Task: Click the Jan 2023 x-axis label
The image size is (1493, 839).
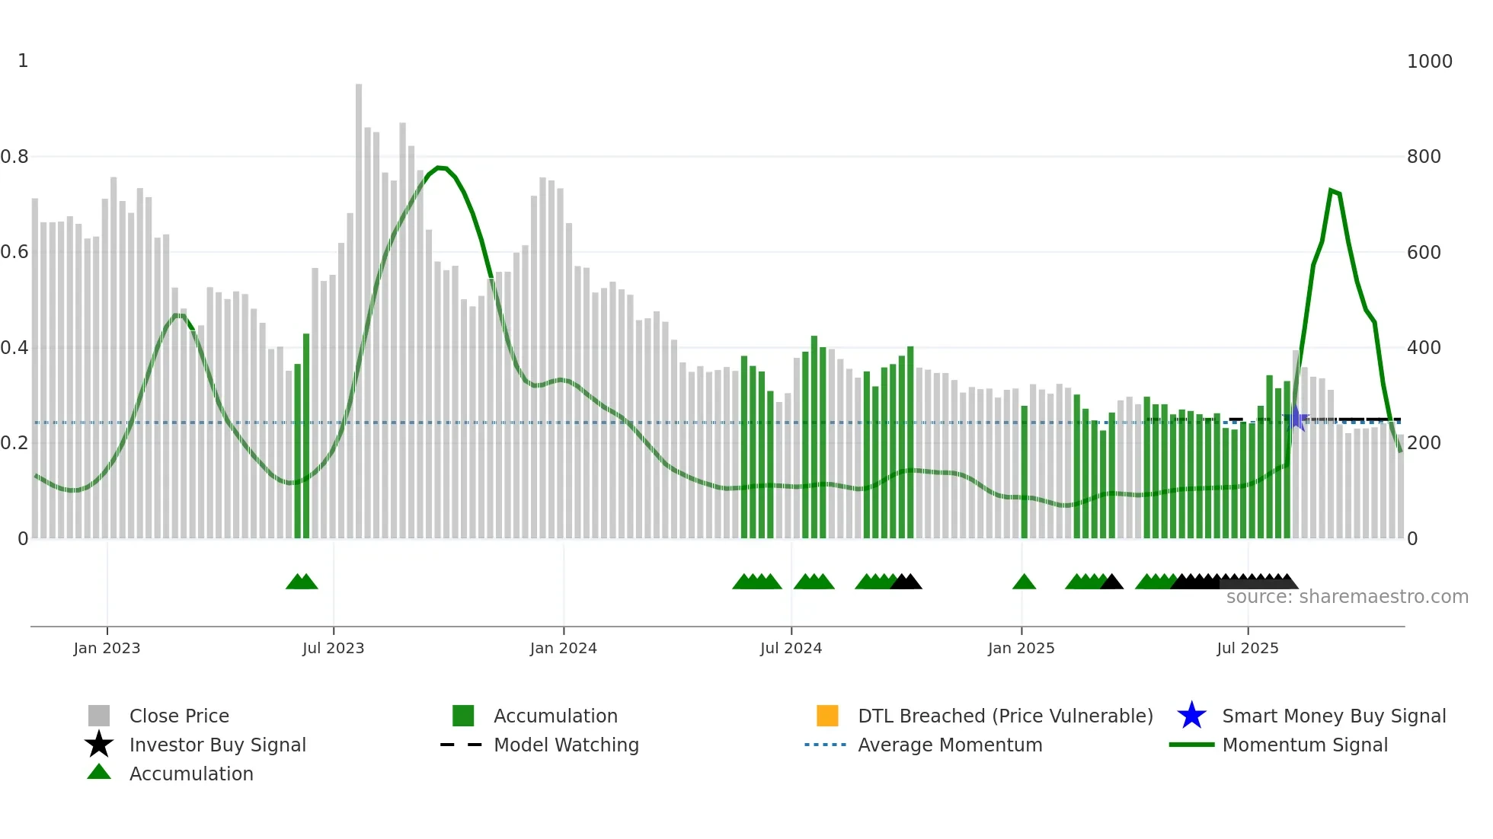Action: tap(107, 648)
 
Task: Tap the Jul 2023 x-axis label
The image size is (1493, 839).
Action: tap(333, 648)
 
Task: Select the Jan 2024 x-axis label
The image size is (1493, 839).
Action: tap(563, 648)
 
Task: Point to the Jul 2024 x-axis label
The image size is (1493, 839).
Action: tap(791, 648)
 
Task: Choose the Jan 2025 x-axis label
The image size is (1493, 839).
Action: tap(1021, 648)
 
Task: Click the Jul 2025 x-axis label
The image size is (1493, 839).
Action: tap(1247, 648)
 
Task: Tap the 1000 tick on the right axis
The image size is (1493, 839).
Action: tap(1429, 62)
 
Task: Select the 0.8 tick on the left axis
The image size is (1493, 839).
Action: tap(14, 157)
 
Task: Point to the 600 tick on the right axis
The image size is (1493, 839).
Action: tap(1424, 252)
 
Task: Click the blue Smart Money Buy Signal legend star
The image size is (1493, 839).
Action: tap(1191, 716)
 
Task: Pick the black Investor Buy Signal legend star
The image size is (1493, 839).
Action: tap(99, 745)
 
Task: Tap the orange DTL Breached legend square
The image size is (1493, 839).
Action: tap(827, 716)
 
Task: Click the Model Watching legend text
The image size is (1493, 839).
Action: tap(566, 745)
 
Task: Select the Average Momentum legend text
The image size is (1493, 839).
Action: tap(949, 745)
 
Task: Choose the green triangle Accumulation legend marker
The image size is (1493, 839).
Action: tap(99, 772)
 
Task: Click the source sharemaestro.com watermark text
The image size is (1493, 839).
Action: tap(1347, 597)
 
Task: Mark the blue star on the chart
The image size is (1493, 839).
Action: tap(1296, 419)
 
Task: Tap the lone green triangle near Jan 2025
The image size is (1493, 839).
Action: tap(1024, 582)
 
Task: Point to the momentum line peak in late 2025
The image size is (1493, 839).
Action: tap(1331, 190)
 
